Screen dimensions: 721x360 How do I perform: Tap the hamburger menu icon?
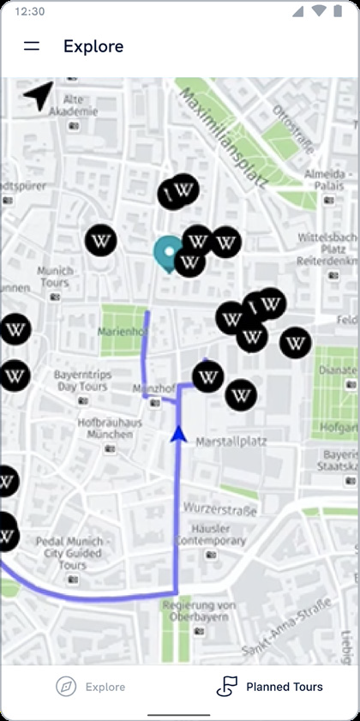(32, 46)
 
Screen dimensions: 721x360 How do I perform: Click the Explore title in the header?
(93, 46)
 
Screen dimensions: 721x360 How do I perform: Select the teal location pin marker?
(167, 252)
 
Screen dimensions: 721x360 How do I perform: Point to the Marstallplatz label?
(231, 442)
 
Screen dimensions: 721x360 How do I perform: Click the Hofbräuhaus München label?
(105, 429)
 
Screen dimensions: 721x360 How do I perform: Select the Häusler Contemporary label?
(211, 534)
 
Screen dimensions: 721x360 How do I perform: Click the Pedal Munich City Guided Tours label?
(73, 553)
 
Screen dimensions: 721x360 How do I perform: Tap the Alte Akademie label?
(68, 105)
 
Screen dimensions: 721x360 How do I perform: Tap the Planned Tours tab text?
(285, 687)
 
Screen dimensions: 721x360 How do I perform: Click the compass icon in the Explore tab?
(66, 687)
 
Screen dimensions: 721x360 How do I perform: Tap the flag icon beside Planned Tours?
(226, 686)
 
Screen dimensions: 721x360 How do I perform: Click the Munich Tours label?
(55, 277)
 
